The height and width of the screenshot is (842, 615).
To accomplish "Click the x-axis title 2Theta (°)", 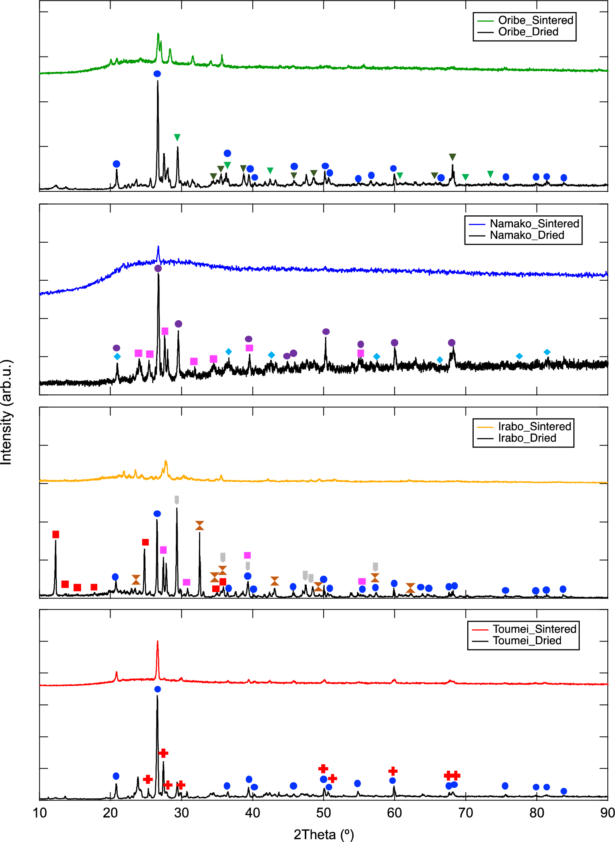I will click(324, 834).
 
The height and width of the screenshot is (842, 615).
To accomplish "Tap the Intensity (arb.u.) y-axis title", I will click(7, 412).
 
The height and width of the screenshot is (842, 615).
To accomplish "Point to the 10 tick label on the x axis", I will click(40, 813).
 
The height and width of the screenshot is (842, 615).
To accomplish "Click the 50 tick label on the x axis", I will click(324, 813).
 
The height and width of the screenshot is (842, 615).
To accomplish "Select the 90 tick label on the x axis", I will click(607, 813).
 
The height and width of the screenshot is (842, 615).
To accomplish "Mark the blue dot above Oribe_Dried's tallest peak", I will click(157, 74).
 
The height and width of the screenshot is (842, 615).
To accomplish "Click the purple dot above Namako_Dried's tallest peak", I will click(158, 268).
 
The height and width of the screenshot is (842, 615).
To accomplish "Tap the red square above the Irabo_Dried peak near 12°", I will click(56, 535).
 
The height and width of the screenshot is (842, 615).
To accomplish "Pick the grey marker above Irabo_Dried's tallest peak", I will click(177, 500).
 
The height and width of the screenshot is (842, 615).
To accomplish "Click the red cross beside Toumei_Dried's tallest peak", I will click(163, 753).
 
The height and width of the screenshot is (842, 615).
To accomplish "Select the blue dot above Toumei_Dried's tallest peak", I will click(157, 689).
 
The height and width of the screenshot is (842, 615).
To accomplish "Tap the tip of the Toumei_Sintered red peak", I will click(157, 641).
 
